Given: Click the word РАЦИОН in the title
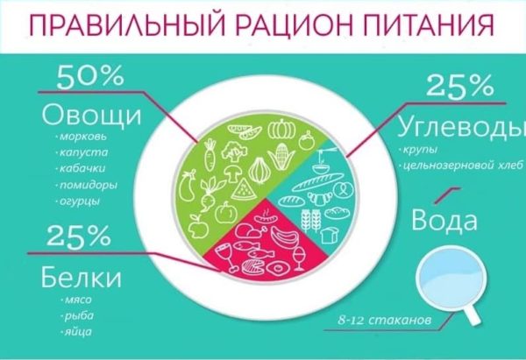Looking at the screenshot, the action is (x=292, y=25).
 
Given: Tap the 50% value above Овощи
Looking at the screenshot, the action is (x=90, y=77).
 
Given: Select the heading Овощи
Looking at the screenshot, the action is (x=91, y=116).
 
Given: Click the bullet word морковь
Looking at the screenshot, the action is (x=83, y=137).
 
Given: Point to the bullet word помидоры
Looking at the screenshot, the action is (x=89, y=186).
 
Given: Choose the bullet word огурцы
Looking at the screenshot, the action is (x=80, y=201).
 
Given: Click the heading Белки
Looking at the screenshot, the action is (x=81, y=278).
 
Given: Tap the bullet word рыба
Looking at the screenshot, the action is (x=79, y=315).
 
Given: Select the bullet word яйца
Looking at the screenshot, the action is (x=78, y=332).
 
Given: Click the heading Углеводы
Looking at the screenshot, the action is (x=461, y=127).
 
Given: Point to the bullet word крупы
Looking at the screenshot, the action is (x=420, y=150).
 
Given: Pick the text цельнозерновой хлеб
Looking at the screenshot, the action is (x=463, y=166).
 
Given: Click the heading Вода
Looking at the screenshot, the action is (x=444, y=221).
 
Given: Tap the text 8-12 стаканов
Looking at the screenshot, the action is (x=385, y=320).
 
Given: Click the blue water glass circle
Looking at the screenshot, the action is (x=450, y=278).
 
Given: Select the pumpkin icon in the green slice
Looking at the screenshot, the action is (x=281, y=130).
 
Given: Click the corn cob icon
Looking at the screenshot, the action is (x=281, y=157).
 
